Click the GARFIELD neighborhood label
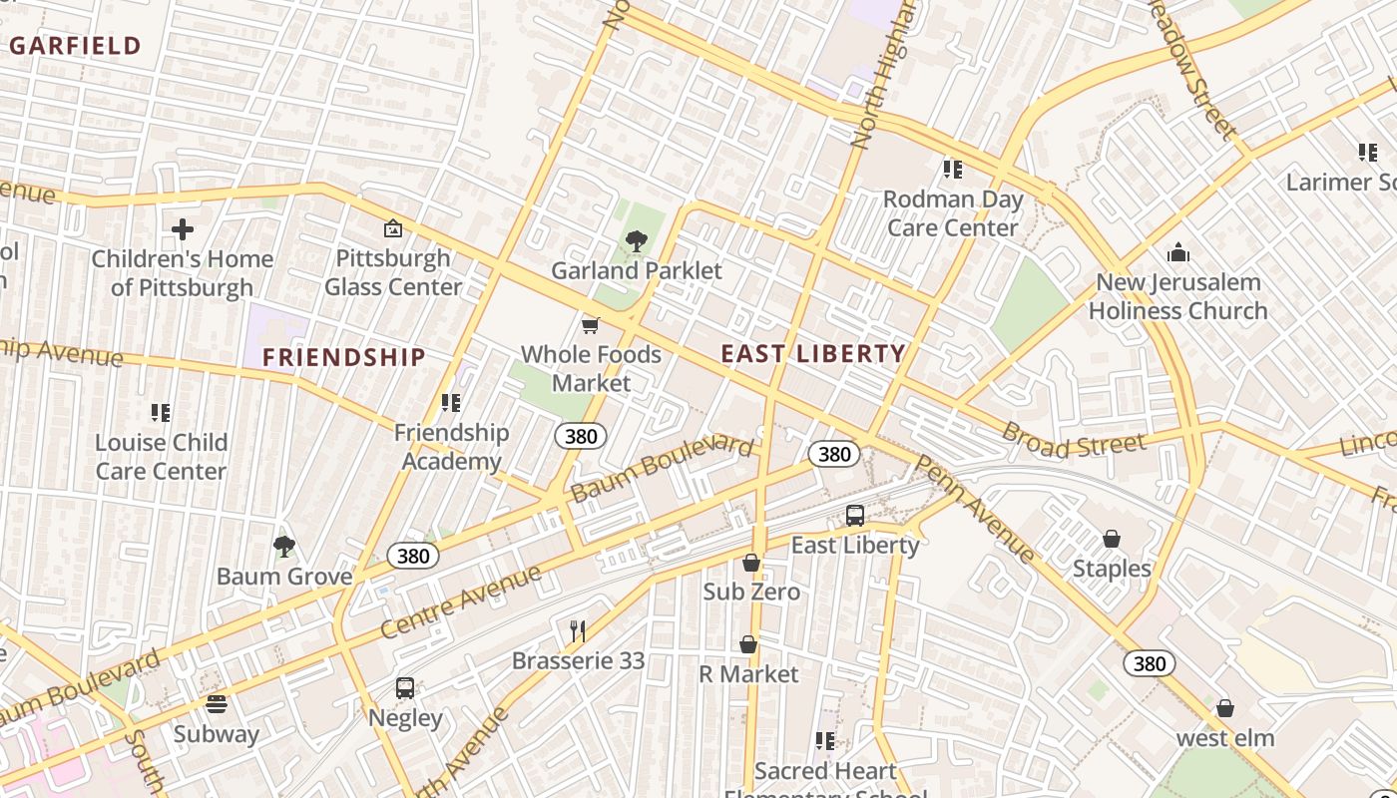tap(76, 45)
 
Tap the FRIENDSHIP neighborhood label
tap(343, 357)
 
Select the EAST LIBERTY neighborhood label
tap(813, 353)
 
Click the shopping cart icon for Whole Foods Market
tap(591, 325)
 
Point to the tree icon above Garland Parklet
tap(636, 240)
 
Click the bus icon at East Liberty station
tap(855, 516)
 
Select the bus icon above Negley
tap(405, 688)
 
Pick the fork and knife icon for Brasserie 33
tap(577, 630)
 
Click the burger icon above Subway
tap(217, 704)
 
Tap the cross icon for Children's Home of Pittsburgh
tap(183, 230)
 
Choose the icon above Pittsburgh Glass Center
tap(393, 228)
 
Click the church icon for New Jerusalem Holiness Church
tap(1177, 252)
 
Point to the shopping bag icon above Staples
tap(1112, 540)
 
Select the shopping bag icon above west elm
tap(1225, 708)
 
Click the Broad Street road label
tap(1073, 440)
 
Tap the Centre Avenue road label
tap(461, 601)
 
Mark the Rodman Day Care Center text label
tap(953, 213)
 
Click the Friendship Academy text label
tap(451, 447)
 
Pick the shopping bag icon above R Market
tap(748, 645)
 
